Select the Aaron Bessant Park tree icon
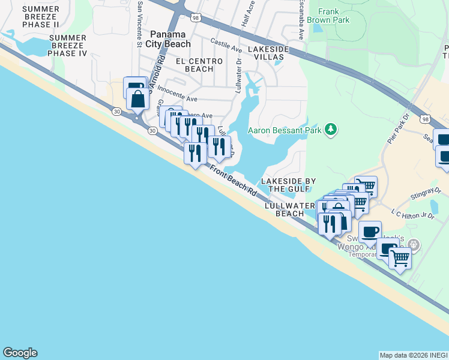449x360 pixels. [330, 129]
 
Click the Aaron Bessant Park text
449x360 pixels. [286, 130]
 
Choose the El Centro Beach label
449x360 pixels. [194, 65]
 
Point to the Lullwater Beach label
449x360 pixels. [291, 209]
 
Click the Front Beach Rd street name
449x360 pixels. [234, 182]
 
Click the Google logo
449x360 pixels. [20, 353]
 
